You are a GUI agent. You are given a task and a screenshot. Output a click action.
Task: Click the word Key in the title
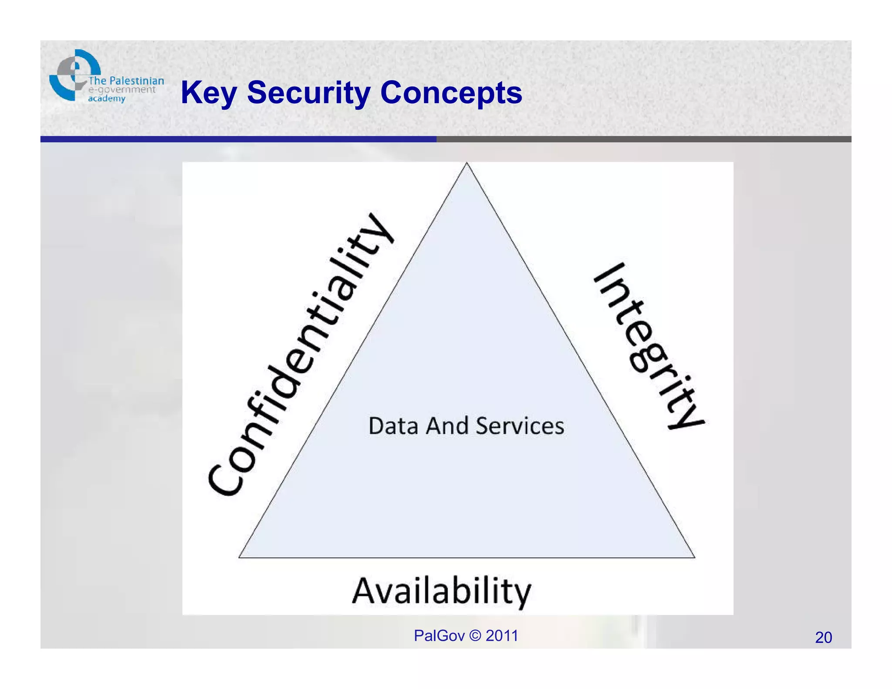click(208, 93)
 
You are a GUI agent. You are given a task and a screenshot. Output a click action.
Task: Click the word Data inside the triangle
click(393, 426)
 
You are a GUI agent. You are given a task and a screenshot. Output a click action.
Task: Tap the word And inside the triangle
click(447, 426)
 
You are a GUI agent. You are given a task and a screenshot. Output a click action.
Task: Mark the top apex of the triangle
click(466, 163)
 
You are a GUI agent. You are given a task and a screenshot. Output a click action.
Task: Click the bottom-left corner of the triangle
click(240, 557)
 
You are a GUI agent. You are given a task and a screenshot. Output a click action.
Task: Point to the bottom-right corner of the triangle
click(694, 557)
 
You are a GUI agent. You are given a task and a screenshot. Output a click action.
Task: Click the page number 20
click(823, 637)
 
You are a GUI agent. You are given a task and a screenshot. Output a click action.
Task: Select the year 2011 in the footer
click(502, 636)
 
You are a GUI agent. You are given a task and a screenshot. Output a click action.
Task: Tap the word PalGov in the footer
click(439, 636)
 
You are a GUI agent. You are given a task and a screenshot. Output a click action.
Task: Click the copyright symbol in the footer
click(476, 636)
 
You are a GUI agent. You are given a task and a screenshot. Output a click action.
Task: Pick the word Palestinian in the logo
click(136, 81)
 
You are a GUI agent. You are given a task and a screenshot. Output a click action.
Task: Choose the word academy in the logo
click(107, 99)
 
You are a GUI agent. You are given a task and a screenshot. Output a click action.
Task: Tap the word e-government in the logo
click(122, 90)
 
